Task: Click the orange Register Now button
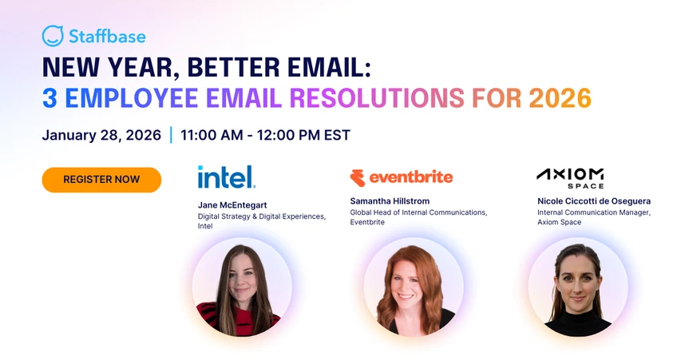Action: coord(101,180)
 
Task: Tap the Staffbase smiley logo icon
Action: coord(53,36)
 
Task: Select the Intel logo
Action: coord(227,176)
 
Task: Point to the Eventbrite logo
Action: coord(402,177)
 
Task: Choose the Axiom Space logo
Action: coord(570,177)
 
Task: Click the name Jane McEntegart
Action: coord(232,205)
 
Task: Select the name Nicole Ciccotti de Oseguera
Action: coord(594,201)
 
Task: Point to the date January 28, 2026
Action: coord(101,135)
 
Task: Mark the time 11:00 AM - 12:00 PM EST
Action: coord(265,135)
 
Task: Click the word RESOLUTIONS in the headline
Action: coord(376,97)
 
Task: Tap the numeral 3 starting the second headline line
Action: coord(49,97)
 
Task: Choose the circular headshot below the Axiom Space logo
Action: coord(577,287)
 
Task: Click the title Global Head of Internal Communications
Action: coord(418,212)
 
